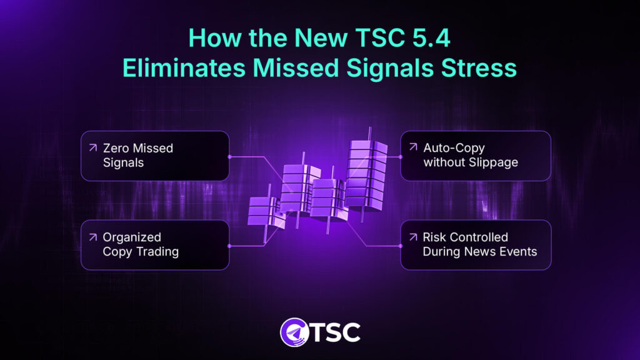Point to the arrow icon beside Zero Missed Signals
(92, 148)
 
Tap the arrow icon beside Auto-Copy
(412, 148)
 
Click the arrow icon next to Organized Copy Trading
(92, 237)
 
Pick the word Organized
(132, 237)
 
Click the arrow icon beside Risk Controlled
(412, 237)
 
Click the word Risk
(434, 237)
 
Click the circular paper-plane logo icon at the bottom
(294, 332)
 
